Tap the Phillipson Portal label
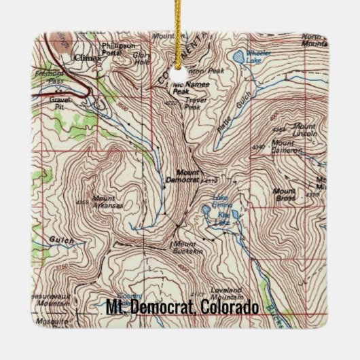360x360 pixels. (115, 50)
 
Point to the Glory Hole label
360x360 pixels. (143, 58)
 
